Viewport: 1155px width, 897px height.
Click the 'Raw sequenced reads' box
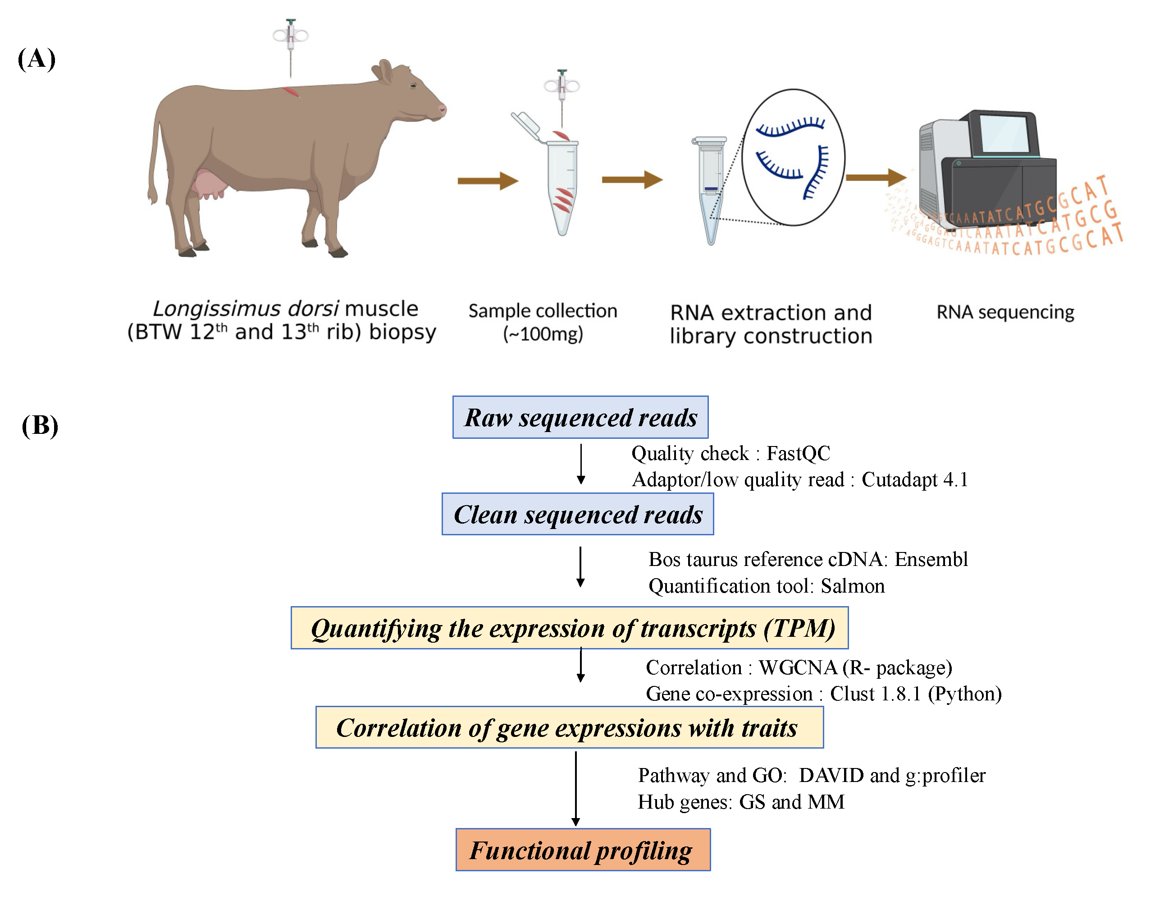580,417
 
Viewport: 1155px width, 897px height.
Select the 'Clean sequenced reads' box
578,514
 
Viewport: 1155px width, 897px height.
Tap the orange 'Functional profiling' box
583,850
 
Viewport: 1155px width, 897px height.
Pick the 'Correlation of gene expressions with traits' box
569,727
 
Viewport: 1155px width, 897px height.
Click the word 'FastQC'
798,454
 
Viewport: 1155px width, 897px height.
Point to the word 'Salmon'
853,586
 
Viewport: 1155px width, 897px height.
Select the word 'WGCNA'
798,667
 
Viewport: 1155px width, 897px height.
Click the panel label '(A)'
37,58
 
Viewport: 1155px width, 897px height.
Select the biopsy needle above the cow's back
290,45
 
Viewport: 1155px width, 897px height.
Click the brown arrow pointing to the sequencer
875,178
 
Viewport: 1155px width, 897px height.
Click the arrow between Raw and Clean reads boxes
581,464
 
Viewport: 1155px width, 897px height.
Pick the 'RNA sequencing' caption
1005,312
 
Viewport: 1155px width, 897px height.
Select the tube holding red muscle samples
562,185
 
